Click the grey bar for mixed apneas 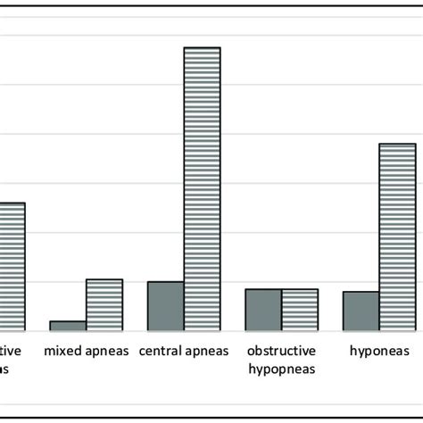68,326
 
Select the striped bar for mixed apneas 104,304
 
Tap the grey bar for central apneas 165,305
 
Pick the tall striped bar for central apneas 202,188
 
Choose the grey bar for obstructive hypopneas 263,310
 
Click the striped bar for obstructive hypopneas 300,310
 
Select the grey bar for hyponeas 361,311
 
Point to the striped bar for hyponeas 397,236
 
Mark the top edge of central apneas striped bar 202,47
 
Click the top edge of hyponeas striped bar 397,144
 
